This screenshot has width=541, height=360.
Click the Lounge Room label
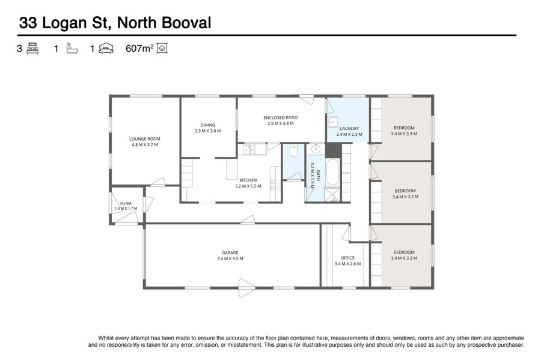144,139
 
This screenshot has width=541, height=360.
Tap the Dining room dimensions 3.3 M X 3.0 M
208,131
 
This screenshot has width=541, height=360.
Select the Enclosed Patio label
281,118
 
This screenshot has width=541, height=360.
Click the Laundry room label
349,128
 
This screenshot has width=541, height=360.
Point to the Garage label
230,253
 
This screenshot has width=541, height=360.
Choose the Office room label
348,258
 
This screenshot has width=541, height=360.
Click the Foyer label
126,204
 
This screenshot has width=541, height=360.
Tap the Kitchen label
248,180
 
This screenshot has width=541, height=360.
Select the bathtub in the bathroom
332,172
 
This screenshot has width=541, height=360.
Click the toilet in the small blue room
293,151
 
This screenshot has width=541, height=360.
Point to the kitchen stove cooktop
275,185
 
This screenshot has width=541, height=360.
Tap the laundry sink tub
332,122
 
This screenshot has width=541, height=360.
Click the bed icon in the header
32,48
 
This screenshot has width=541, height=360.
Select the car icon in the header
106,49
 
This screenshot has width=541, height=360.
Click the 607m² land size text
139,49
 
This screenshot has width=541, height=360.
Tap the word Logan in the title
64,23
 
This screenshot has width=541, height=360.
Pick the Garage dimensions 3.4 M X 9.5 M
230,258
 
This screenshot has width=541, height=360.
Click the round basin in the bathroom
316,149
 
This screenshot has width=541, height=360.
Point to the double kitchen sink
248,150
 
